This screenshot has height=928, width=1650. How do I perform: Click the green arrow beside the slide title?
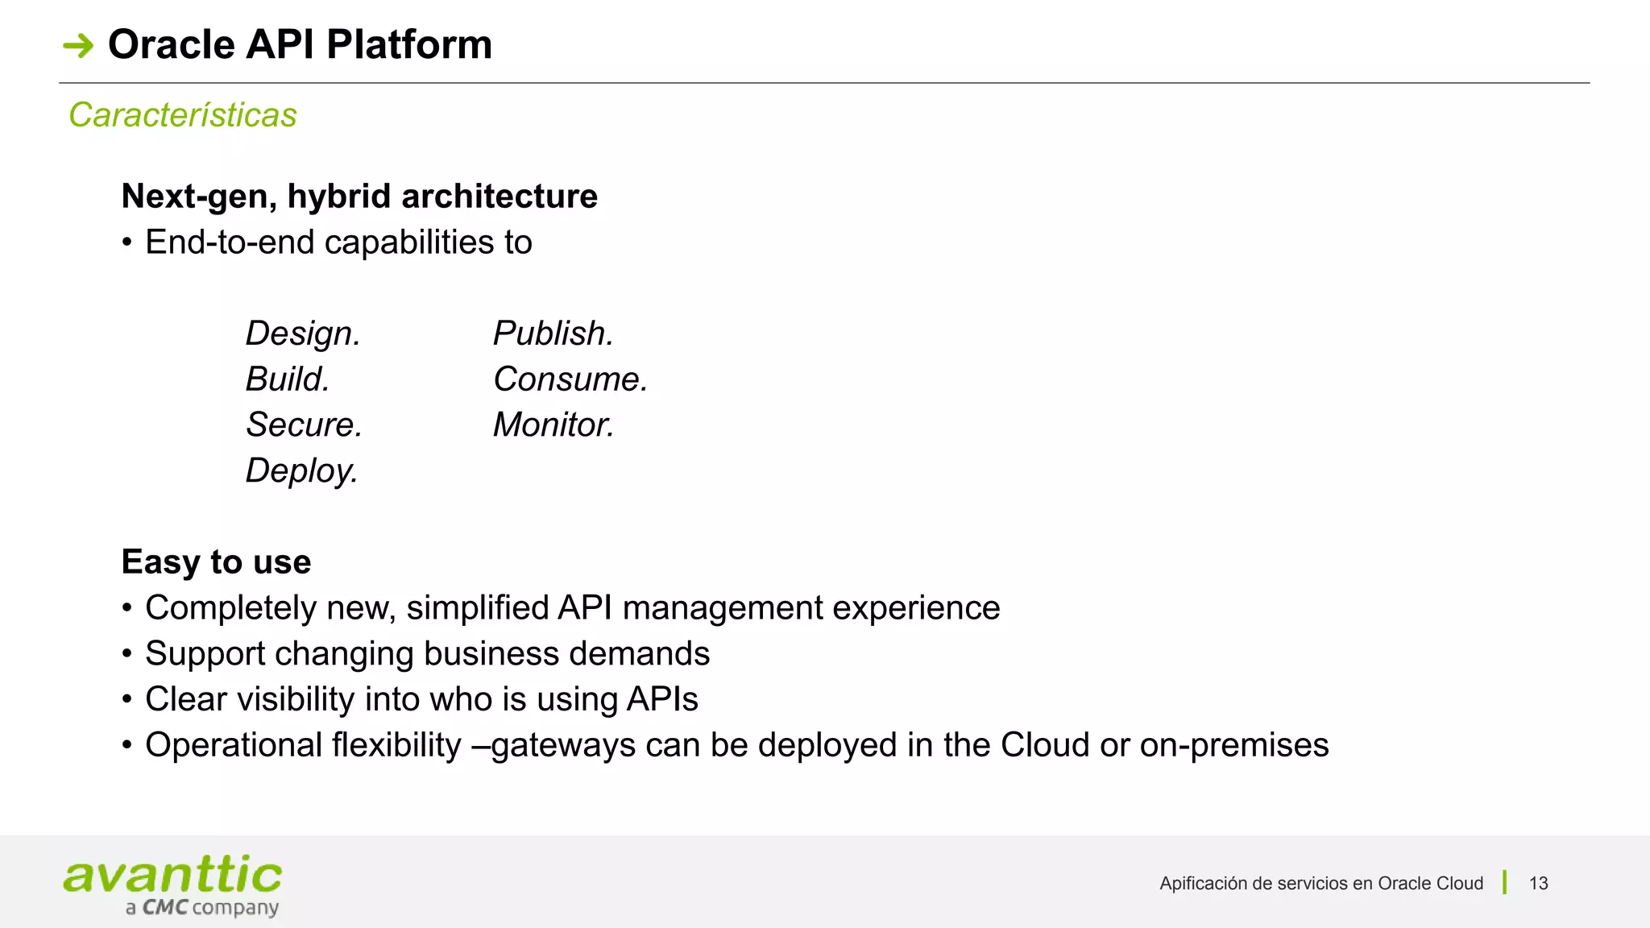[x=78, y=45]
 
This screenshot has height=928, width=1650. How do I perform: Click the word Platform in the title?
[x=408, y=45]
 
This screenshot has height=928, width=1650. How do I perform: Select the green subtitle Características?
[x=183, y=115]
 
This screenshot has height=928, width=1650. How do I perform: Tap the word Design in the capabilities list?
[x=302, y=333]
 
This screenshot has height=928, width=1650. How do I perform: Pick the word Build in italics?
[x=287, y=379]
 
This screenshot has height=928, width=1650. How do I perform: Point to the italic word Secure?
[x=303, y=425]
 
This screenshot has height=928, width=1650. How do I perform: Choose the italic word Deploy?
[x=301, y=471]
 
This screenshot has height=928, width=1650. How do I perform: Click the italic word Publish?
[x=553, y=333]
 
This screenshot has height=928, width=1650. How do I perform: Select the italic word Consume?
[x=570, y=379]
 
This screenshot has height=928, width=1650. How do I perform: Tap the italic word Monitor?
[x=553, y=425]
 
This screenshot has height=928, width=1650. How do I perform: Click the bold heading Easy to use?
[x=216, y=562]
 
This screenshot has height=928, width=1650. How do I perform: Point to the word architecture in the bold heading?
[x=500, y=197]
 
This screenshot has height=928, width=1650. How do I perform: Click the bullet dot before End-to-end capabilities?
[x=127, y=243]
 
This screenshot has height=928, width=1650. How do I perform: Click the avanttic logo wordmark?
[x=172, y=876]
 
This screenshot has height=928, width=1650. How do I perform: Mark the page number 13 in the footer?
[x=1538, y=884]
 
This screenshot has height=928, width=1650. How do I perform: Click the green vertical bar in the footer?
[x=1504, y=883]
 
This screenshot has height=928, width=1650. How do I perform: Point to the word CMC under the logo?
[x=165, y=908]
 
